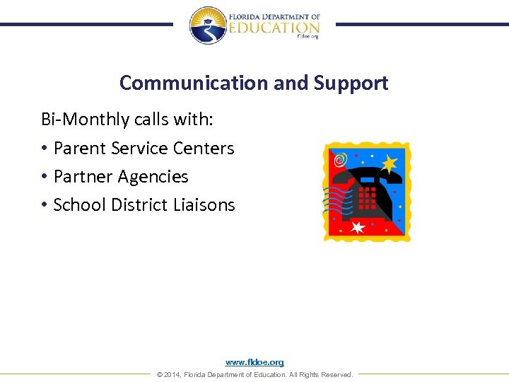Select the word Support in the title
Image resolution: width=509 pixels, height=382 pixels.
tap(351, 83)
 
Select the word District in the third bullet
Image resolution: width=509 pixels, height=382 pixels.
tap(140, 204)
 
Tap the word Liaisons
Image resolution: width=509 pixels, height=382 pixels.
tap(204, 204)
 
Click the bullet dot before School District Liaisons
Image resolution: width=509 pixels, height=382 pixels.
tap(44, 205)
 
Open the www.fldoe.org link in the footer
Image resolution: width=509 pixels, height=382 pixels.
tap(255, 362)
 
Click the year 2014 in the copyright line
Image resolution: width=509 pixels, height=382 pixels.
tap(172, 374)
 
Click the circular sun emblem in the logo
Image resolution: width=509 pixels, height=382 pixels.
tap(207, 25)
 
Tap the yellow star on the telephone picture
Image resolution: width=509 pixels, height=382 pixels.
tap(389, 163)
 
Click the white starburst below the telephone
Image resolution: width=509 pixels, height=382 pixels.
tap(358, 227)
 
